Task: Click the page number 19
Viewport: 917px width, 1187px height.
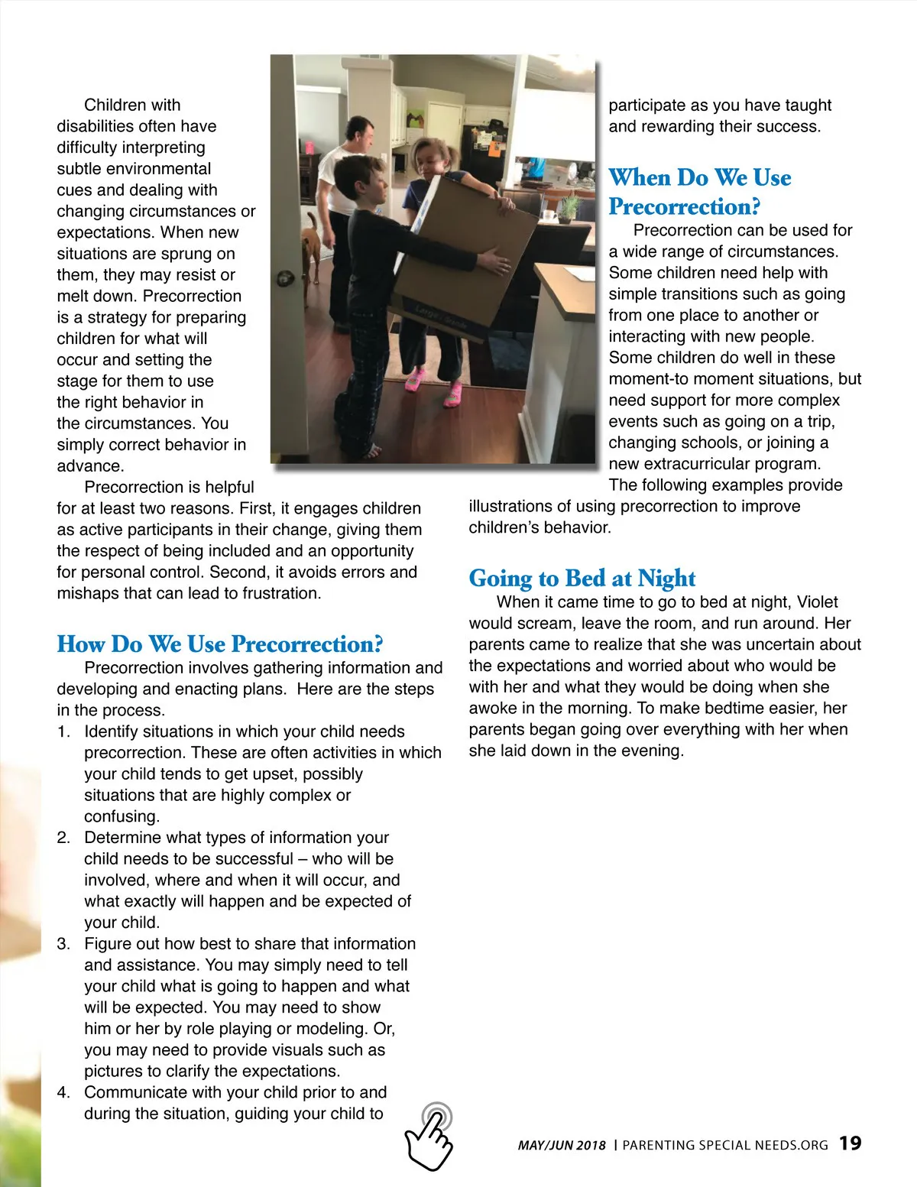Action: tap(850, 1143)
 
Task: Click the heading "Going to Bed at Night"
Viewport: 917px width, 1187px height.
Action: tap(582, 578)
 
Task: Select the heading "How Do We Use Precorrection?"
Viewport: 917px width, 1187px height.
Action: tap(220, 644)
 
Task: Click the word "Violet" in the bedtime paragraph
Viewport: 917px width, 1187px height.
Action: tap(817, 602)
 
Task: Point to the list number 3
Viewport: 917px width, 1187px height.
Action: tap(63, 944)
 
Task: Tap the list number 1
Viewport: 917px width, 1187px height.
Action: tap(63, 731)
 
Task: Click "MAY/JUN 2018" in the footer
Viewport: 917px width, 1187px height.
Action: tap(562, 1145)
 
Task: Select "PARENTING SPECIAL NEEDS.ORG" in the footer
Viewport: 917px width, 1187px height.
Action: tap(725, 1145)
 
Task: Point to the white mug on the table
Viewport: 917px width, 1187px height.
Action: tap(548, 215)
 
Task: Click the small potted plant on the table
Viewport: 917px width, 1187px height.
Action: tap(569, 206)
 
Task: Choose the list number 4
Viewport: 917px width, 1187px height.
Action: tap(63, 1092)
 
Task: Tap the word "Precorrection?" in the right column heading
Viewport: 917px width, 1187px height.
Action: tap(684, 207)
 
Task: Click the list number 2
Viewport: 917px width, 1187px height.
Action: tap(63, 838)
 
